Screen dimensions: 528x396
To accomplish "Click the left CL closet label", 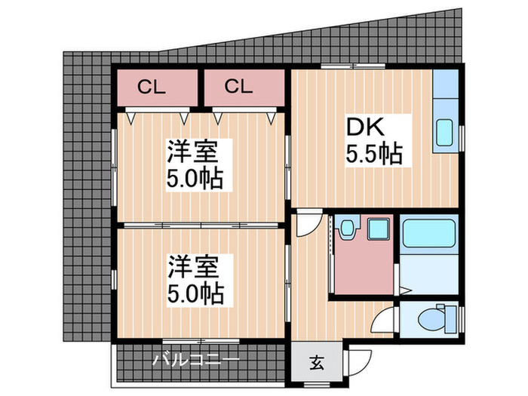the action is (x=152, y=87).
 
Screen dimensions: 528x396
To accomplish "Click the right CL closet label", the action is (x=238, y=87).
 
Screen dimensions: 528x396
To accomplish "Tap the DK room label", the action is (x=365, y=127).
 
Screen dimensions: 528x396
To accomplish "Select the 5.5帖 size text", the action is (x=374, y=154).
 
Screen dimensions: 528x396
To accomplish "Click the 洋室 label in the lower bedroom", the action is (x=193, y=267).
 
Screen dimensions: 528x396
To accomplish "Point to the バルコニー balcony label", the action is (x=195, y=360).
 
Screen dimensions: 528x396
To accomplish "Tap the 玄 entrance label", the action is (x=317, y=363).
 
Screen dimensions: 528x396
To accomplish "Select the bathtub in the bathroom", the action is (x=428, y=234).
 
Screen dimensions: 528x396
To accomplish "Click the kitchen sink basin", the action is (x=444, y=133).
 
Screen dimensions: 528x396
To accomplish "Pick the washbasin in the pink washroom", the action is (x=346, y=229).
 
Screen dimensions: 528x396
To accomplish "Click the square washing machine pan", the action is (x=378, y=229).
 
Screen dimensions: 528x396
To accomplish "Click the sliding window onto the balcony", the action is (x=201, y=341).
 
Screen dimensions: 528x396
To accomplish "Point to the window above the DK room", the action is (x=352, y=66).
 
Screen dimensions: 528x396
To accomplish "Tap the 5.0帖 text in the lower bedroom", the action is (x=195, y=294).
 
